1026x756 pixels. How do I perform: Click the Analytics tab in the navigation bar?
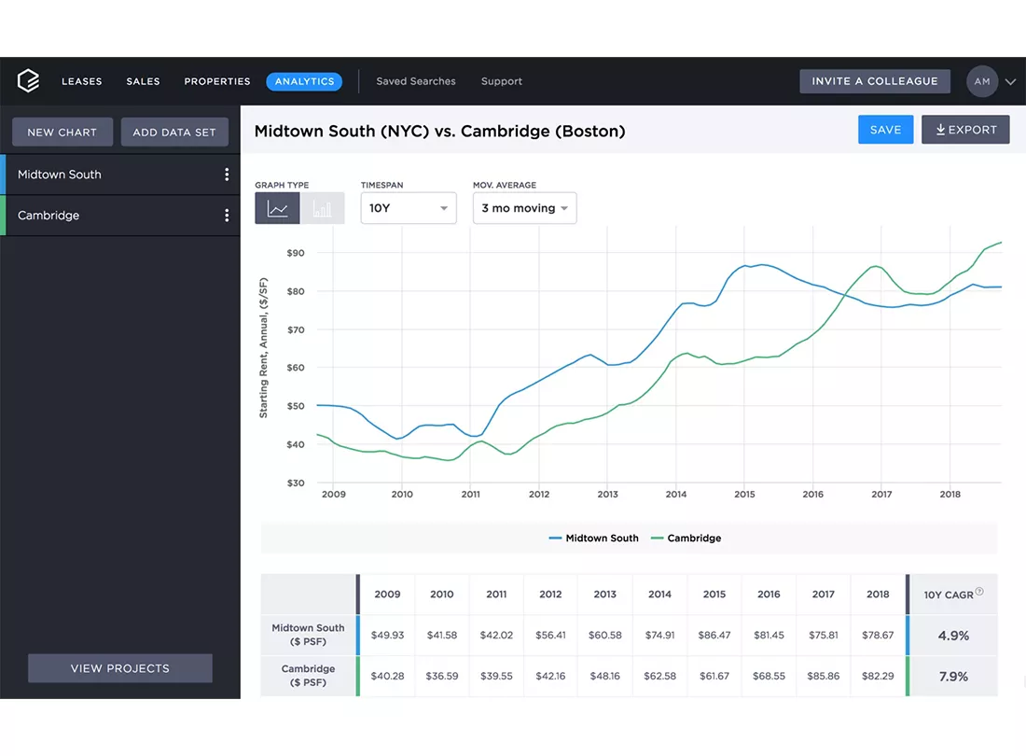(x=304, y=81)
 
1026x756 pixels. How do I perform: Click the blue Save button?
(x=885, y=130)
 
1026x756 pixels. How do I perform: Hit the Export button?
(x=965, y=130)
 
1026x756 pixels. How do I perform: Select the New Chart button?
(x=62, y=133)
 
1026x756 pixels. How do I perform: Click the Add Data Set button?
(x=174, y=133)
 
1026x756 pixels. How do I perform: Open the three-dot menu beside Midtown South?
(x=227, y=175)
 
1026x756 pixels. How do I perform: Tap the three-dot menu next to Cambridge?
(x=227, y=216)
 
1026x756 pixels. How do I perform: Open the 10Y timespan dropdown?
(x=409, y=208)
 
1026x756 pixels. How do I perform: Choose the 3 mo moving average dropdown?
(x=525, y=208)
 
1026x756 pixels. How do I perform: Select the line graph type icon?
(x=277, y=208)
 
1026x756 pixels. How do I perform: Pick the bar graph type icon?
(x=322, y=208)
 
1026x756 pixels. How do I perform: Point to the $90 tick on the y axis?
(x=296, y=253)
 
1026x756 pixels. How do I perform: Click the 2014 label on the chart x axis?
(x=676, y=494)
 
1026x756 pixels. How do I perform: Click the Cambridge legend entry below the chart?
(x=686, y=538)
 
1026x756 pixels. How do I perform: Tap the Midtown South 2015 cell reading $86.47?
(x=714, y=635)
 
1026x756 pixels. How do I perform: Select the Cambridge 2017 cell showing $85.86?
(x=824, y=676)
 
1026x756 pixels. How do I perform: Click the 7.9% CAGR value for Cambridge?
(x=953, y=676)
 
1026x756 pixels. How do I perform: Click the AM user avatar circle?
(x=982, y=81)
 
